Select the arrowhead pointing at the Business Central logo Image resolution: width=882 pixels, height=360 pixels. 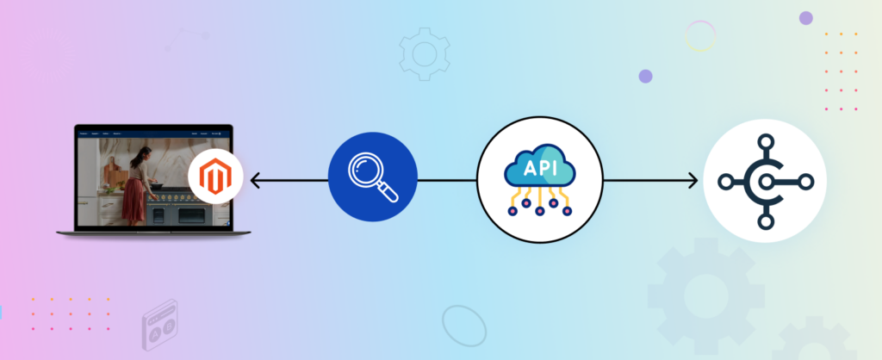click(x=693, y=182)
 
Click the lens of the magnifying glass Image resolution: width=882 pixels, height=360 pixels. click(x=366, y=174)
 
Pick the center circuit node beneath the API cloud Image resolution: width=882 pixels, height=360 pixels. click(x=540, y=212)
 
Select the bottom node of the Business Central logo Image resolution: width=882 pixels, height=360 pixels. click(x=765, y=222)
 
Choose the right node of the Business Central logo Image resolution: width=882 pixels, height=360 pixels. click(x=806, y=182)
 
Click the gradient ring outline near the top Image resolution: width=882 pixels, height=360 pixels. click(x=700, y=36)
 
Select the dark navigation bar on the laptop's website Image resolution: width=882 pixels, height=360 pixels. click(x=155, y=134)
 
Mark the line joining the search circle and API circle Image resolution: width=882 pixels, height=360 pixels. click(x=447, y=182)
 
